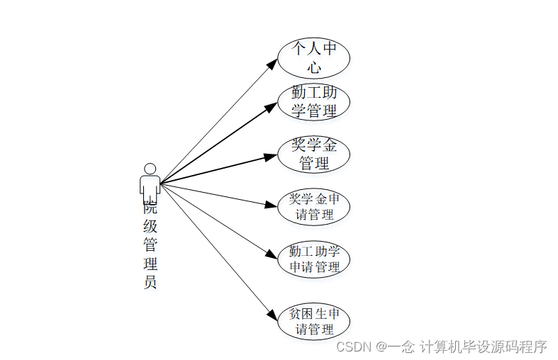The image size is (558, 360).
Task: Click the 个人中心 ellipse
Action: pyautogui.click(x=313, y=57)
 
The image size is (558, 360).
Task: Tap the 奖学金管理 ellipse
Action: pyautogui.click(x=313, y=154)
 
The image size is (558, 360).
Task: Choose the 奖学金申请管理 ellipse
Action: pyautogui.click(x=313, y=206)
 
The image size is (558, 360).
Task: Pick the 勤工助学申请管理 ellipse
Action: pyautogui.click(x=313, y=259)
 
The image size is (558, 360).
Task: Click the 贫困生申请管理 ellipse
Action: pyautogui.click(x=313, y=321)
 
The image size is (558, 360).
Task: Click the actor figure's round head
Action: pyautogui.click(x=150, y=169)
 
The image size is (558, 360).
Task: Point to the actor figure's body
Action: pyautogui.click(x=150, y=186)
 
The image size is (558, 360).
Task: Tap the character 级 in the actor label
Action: pyautogui.click(x=150, y=227)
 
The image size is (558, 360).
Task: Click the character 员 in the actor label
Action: pyautogui.click(x=150, y=282)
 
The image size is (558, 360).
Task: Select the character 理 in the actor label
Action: pyautogui.click(x=150, y=264)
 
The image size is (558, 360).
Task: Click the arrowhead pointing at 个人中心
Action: pyautogui.click(x=272, y=64)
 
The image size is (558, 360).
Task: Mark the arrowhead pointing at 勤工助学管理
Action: pyautogui.click(x=271, y=106)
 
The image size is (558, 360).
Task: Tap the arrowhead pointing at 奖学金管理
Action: pyautogui.click(x=270, y=157)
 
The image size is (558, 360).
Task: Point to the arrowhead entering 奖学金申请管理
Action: pyautogui.click(x=270, y=205)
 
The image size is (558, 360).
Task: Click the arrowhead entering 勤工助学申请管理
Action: pyautogui.click(x=271, y=255)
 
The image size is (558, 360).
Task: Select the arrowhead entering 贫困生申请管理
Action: pyautogui.click(x=272, y=315)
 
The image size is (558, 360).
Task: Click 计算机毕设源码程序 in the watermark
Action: pyautogui.click(x=483, y=347)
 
